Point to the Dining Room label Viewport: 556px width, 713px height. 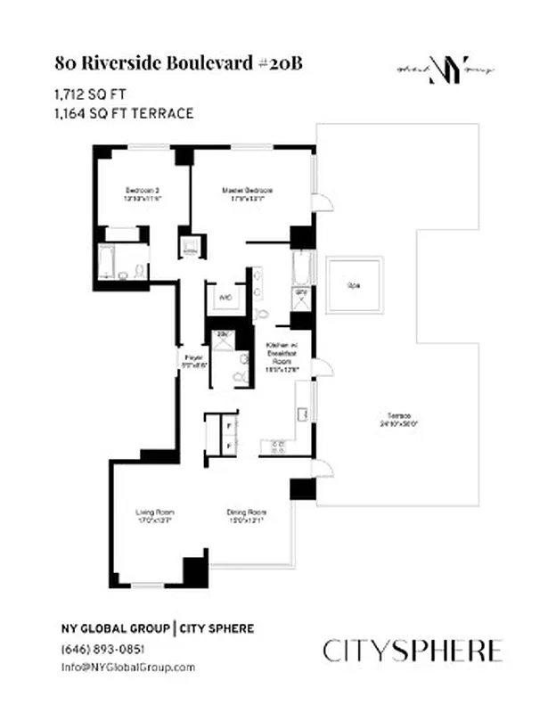(246, 516)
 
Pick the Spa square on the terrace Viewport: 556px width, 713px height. (355, 285)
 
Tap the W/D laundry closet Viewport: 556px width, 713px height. (225, 298)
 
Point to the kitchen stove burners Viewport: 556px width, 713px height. (277, 444)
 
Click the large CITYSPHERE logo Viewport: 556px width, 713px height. (413, 651)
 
